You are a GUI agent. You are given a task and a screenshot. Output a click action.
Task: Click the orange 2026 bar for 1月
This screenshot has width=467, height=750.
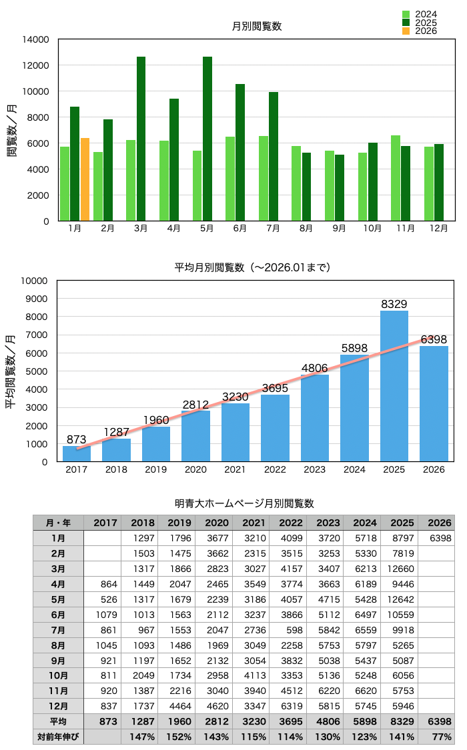pos(85,179)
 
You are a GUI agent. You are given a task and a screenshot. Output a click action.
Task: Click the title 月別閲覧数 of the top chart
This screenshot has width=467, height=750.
pos(257,27)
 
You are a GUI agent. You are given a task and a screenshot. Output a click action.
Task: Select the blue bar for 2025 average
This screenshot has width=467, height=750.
pos(394,386)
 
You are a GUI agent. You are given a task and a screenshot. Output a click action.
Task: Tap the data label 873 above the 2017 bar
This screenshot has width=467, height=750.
pos(77,439)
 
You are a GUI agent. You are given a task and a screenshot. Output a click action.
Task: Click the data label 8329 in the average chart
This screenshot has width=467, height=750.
pos(394,304)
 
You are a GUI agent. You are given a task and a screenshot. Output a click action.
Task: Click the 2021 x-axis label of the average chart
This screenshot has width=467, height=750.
pos(235,469)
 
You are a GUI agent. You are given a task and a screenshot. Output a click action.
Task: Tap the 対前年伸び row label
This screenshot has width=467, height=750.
pos(58,737)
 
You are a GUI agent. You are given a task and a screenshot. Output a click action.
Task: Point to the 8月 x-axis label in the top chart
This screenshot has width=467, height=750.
pos(306,229)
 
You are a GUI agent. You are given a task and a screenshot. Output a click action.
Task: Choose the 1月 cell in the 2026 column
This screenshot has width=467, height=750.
pos(438,538)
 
